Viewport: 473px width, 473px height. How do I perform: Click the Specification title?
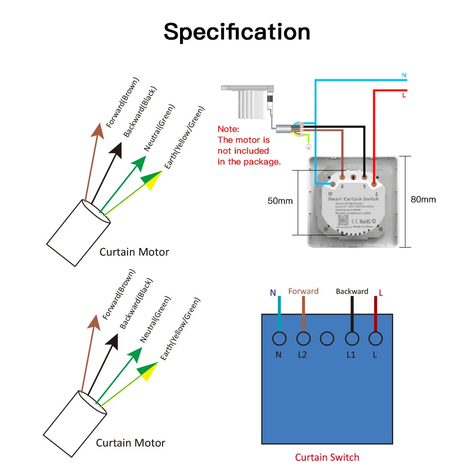coord(237,32)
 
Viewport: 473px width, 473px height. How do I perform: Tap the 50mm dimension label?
coord(280,201)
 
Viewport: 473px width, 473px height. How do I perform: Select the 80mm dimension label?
coord(423,199)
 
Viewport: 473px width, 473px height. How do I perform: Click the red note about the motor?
coord(249,145)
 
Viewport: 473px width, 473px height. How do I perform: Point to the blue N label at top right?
coord(404,75)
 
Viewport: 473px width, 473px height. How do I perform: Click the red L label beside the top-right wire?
coord(404,95)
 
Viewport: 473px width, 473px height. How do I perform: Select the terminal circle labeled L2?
coord(303,338)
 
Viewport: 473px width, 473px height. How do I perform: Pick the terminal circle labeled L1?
coord(352,338)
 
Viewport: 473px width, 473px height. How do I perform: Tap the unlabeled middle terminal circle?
coord(327,338)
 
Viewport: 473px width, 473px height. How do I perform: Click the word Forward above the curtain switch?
coord(303,291)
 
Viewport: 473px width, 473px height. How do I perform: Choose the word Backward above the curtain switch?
coord(352,291)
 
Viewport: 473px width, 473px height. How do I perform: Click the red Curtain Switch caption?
coord(327,457)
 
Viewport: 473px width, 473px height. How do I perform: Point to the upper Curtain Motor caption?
coord(134,252)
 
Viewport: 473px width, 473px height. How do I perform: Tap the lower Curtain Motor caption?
coord(130,443)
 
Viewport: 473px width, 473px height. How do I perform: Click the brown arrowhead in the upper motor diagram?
coord(98,130)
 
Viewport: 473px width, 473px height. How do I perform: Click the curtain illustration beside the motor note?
coord(249,100)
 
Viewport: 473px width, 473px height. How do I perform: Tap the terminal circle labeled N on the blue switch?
coord(279,338)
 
